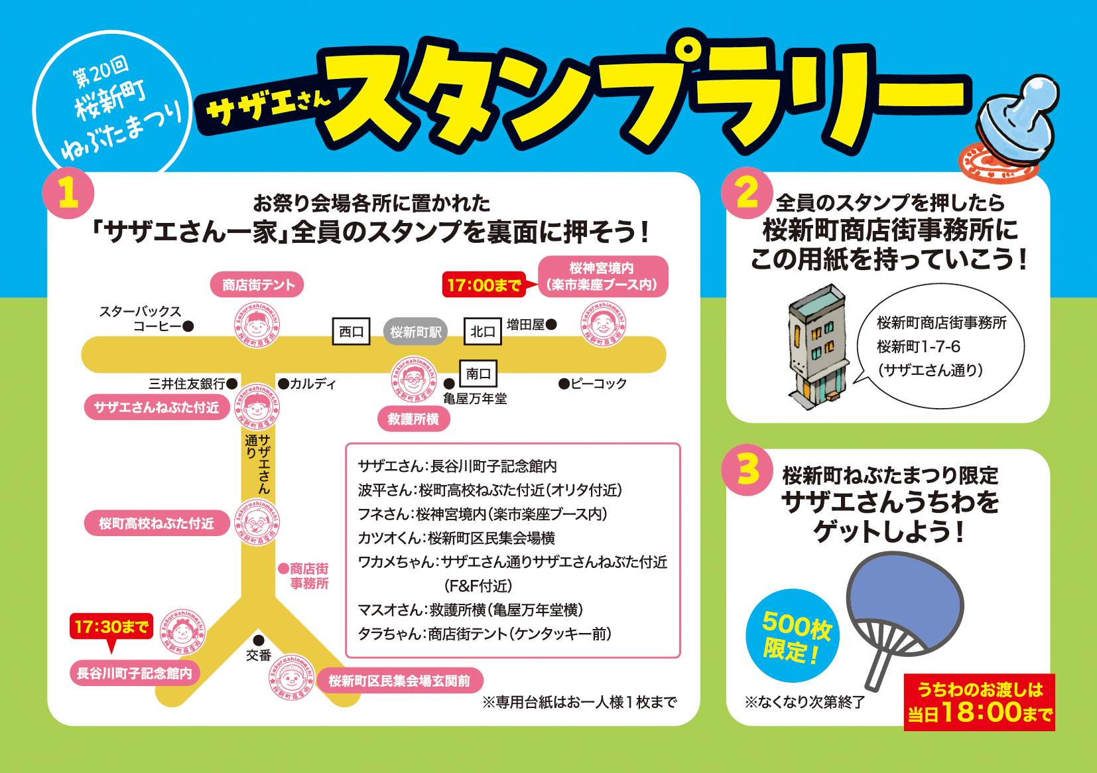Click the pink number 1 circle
(x=68, y=194)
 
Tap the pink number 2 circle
(x=747, y=193)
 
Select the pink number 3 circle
(x=747, y=470)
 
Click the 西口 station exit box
(x=351, y=332)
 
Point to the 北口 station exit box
(x=482, y=332)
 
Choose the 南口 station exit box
(x=478, y=374)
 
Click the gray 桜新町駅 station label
(x=415, y=332)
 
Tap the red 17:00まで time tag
(x=484, y=285)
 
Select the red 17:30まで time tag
(x=111, y=626)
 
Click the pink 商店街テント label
(x=257, y=285)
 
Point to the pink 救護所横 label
(x=413, y=419)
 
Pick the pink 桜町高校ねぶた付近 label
(x=157, y=524)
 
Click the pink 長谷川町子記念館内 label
(x=134, y=673)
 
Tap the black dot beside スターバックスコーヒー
(x=188, y=326)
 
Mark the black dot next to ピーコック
(x=564, y=384)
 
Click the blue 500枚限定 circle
(x=793, y=636)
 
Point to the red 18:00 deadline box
(x=979, y=703)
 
